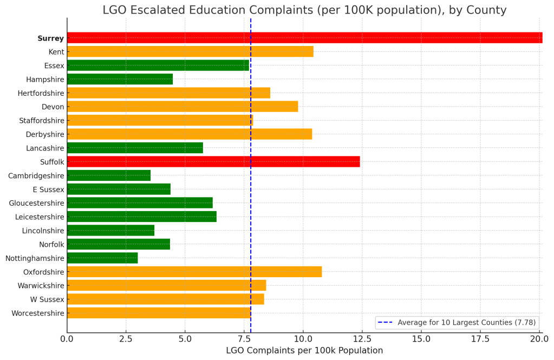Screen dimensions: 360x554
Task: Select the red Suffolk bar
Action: click(x=213, y=161)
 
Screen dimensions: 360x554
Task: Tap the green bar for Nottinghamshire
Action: click(x=102, y=258)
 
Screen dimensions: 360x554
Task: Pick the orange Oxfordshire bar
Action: click(x=194, y=272)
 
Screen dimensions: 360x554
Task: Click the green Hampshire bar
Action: click(x=120, y=79)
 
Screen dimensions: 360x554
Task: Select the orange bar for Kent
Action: click(x=190, y=51)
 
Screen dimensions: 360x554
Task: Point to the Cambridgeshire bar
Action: click(x=109, y=175)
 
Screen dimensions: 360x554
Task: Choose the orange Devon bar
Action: click(x=183, y=107)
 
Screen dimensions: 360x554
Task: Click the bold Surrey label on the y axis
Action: click(x=50, y=38)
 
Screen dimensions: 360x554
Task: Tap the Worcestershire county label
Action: click(x=37, y=313)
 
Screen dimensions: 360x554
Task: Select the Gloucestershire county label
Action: click(x=36, y=203)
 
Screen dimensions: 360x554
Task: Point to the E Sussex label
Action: click(x=48, y=189)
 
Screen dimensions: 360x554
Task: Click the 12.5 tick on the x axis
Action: click(x=362, y=339)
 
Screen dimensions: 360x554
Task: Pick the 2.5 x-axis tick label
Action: click(x=126, y=339)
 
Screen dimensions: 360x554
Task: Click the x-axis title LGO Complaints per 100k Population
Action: click(x=304, y=351)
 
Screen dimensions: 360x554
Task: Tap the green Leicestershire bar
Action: click(x=142, y=217)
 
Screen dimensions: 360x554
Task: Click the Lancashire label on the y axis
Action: click(x=45, y=148)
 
